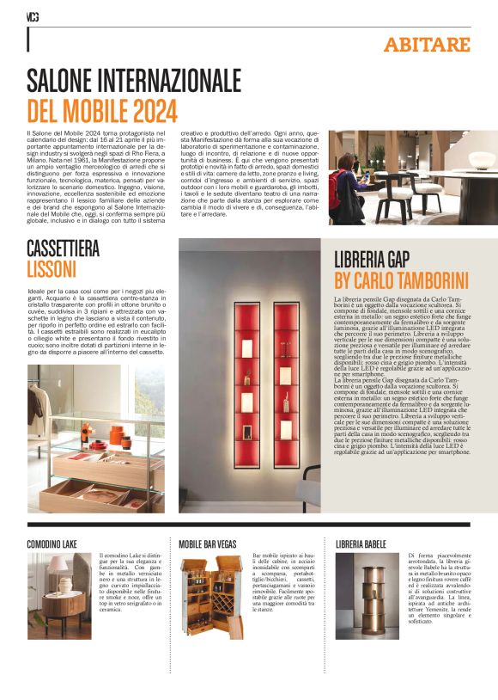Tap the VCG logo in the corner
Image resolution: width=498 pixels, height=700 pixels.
33,15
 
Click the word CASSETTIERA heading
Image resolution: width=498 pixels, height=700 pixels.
64,249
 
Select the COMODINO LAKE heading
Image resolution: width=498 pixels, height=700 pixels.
53,543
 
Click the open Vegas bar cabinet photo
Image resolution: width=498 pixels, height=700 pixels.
211,596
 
